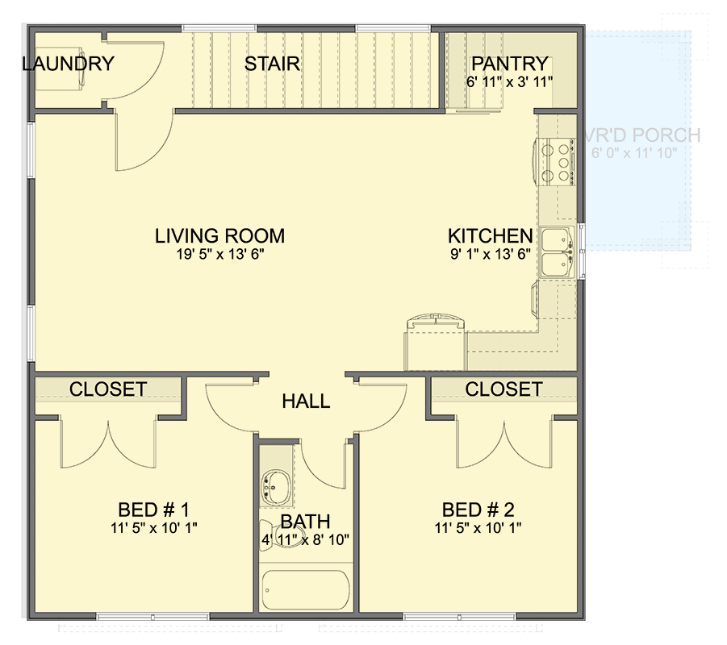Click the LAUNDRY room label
point(68,64)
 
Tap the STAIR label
point(273,64)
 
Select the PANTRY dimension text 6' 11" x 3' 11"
point(510,81)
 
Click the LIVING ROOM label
point(219,236)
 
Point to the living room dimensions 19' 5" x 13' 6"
point(219,254)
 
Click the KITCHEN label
point(490,236)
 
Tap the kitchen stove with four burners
point(555,161)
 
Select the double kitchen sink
point(556,252)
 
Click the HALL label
point(306,401)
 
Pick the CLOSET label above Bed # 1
point(107,389)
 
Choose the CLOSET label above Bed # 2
point(503,389)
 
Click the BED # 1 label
point(153,510)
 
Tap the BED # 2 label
point(478,510)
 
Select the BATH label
point(305,522)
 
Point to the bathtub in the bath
point(305,592)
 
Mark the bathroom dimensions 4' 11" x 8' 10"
point(305,539)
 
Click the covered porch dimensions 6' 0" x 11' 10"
point(633,152)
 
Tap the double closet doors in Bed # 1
point(107,443)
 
